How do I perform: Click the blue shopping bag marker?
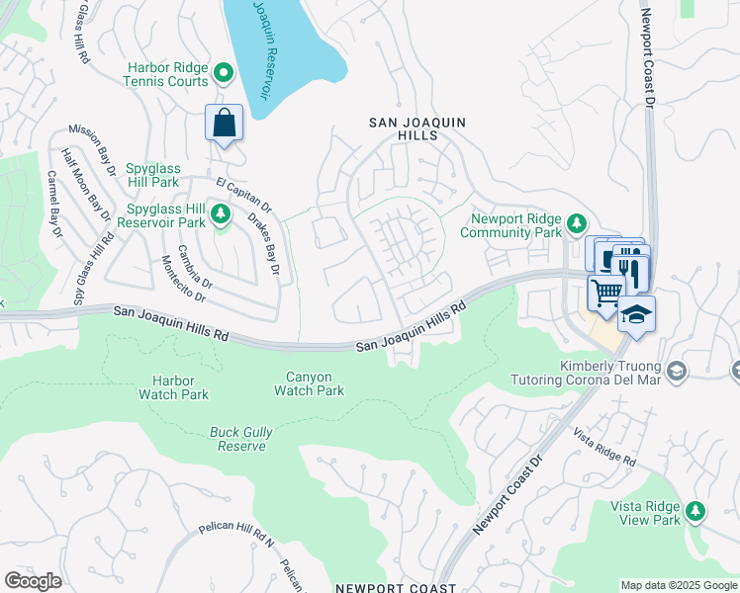[x=225, y=124]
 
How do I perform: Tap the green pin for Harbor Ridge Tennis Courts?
[x=224, y=71]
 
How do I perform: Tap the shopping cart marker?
[x=605, y=292]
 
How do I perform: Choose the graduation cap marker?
[x=636, y=314]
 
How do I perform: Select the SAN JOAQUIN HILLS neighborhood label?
[x=416, y=128]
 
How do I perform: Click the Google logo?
[x=33, y=581]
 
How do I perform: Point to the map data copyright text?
[x=679, y=585]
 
